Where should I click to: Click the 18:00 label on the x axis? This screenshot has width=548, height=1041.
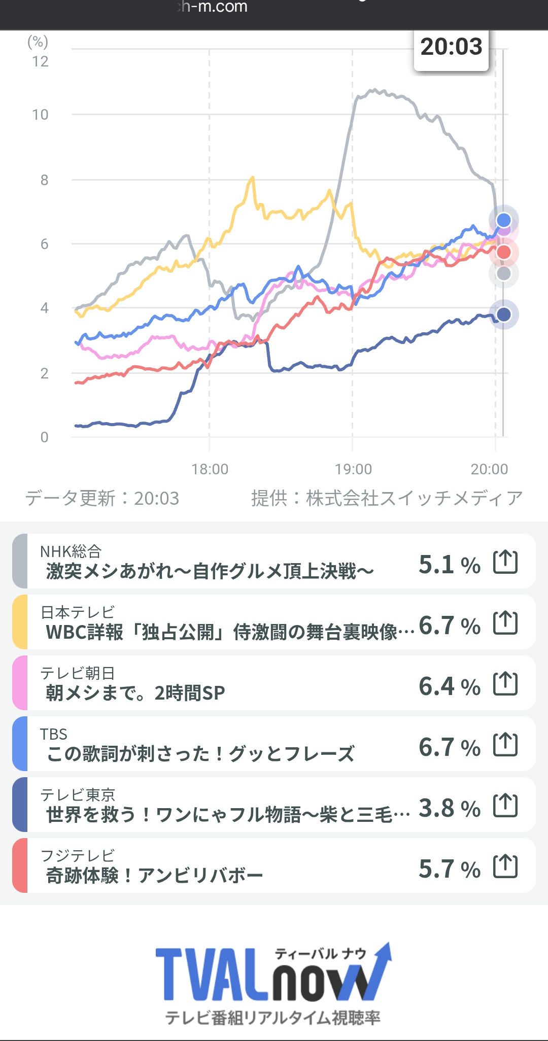pos(210,469)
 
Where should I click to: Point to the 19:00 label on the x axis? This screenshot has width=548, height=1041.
pos(353,469)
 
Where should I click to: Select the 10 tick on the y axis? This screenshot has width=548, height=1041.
pos(40,115)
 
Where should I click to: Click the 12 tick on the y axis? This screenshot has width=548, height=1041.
pos(40,61)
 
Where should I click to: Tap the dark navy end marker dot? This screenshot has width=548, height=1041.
pos(503,315)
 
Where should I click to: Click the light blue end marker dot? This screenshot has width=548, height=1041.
pos(503,220)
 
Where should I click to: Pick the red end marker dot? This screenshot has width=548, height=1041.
pos(503,252)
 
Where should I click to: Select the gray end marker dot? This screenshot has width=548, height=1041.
pos(503,274)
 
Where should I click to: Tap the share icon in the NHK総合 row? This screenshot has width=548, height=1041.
pos(505,562)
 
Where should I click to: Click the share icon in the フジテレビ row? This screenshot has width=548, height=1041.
pos(505,866)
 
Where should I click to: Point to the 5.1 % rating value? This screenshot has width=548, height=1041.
pos(449,565)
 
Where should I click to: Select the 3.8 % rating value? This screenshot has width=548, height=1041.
pos(449,808)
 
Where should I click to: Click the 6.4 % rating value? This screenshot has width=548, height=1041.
pos(449,686)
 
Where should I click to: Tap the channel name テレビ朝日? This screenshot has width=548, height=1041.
pos(78,673)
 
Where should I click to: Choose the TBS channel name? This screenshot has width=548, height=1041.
pos(54,734)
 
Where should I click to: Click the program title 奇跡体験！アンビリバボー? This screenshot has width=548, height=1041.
pos(154,876)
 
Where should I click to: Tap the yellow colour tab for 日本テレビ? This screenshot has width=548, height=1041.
pos(20,622)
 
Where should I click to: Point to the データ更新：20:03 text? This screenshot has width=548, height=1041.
pos(102,498)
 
